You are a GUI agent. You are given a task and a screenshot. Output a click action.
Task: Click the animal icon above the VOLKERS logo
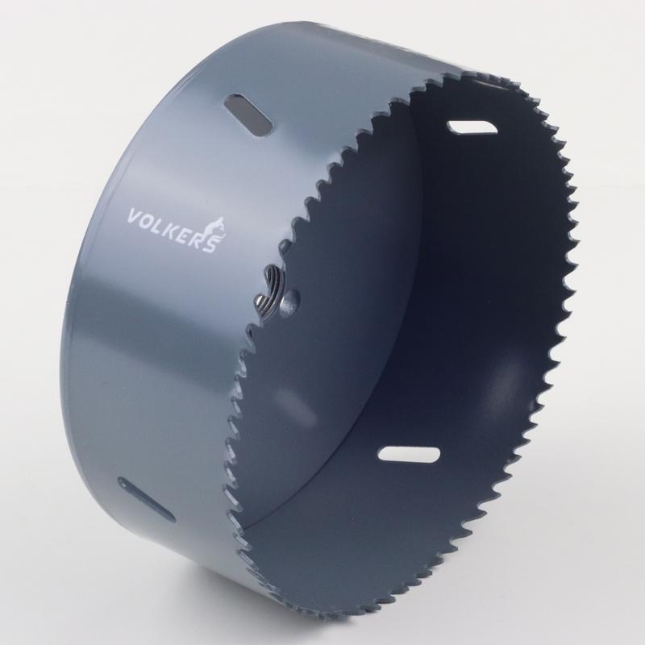218,229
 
